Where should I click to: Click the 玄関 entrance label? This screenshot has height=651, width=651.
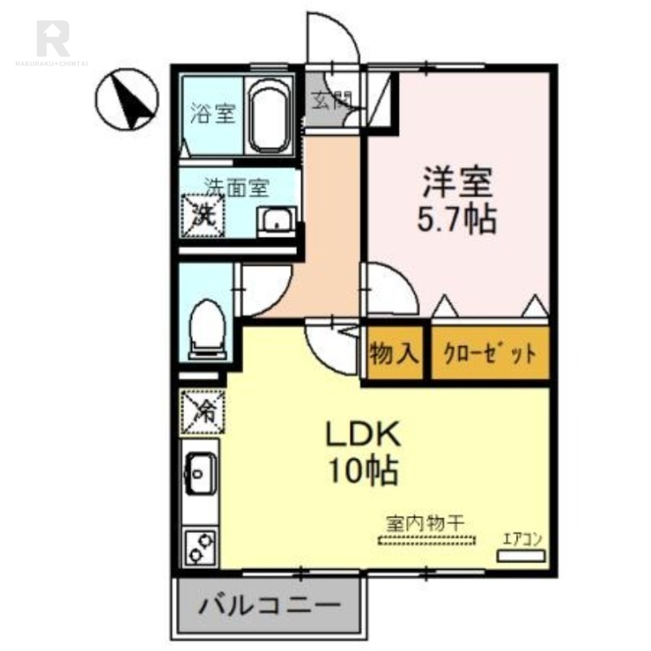331,101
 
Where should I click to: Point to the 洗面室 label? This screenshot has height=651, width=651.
236,186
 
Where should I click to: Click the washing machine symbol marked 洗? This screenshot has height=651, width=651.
203,216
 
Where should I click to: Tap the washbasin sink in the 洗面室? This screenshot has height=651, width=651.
277,221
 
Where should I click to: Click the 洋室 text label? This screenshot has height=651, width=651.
457,181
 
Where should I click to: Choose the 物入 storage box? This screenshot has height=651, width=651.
395,354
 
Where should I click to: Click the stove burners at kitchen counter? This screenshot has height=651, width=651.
199,546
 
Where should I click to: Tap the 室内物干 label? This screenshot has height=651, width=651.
425,522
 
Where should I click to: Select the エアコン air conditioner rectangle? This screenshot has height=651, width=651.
521,555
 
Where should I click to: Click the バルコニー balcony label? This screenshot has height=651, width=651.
269,606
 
